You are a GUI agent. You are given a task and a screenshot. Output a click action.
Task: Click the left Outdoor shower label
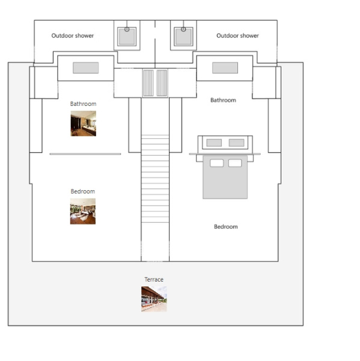73,35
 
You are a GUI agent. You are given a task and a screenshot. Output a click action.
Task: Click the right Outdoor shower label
237,35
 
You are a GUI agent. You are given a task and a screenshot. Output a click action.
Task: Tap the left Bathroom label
84,104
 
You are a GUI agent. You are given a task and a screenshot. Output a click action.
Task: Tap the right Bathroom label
223,100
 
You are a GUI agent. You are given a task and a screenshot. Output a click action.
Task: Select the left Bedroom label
83,191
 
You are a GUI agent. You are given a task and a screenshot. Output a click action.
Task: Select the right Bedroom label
226,227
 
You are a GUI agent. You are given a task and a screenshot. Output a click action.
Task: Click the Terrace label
154,280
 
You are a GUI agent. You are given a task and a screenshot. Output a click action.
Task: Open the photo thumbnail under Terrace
154,299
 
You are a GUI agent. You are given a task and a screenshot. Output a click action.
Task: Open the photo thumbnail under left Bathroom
84,123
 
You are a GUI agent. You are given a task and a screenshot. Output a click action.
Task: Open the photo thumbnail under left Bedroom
83,211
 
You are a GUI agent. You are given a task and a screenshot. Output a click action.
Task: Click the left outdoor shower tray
127,37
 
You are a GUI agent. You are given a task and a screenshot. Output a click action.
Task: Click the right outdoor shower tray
183,37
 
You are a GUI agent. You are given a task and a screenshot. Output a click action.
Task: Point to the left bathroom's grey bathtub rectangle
86,67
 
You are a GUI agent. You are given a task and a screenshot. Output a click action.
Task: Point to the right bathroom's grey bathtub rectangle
225,67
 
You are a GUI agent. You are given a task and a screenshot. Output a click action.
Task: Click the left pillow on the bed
217,163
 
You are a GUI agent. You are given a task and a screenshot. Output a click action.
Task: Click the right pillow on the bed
235,163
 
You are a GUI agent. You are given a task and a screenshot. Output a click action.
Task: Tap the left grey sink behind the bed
214,143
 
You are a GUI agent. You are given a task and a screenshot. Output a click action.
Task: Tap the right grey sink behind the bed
236,143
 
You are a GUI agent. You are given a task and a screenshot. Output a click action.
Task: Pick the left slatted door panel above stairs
148,83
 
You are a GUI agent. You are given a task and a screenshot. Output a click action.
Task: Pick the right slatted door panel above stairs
162,83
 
